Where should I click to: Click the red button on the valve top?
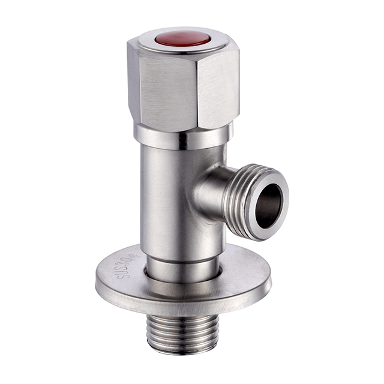click(x=182, y=40)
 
